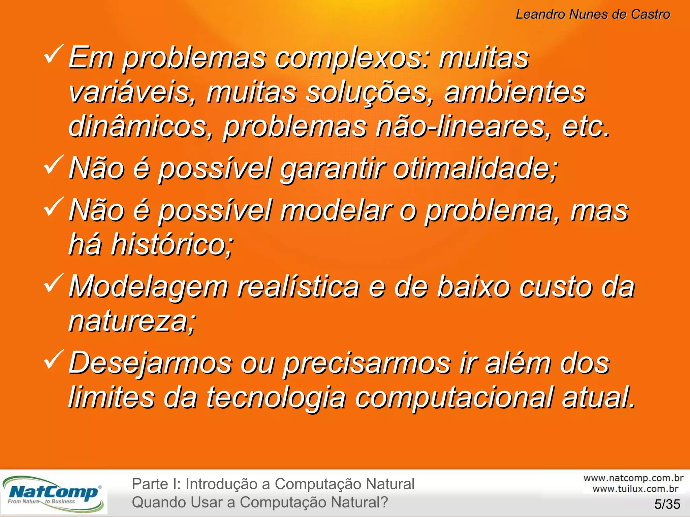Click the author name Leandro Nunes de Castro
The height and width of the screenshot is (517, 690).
pyautogui.click(x=593, y=14)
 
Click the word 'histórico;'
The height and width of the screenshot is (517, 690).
pyautogui.click(x=172, y=245)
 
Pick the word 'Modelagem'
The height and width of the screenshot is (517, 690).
pyautogui.click(x=149, y=287)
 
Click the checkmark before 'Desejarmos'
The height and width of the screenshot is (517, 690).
pyautogui.click(x=53, y=359)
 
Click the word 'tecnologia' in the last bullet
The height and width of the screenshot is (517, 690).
pyautogui.click(x=276, y=398)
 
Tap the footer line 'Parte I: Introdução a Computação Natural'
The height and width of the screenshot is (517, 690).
pyautogui.click(x=273, y=484)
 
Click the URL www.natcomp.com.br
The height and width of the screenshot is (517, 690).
pyautogui.click(x=633, y=478)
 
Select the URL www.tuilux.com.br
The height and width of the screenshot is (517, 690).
pyautogui.click(x=635, y=489)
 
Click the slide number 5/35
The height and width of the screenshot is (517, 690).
pyautogui.click(x=667, y=504)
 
